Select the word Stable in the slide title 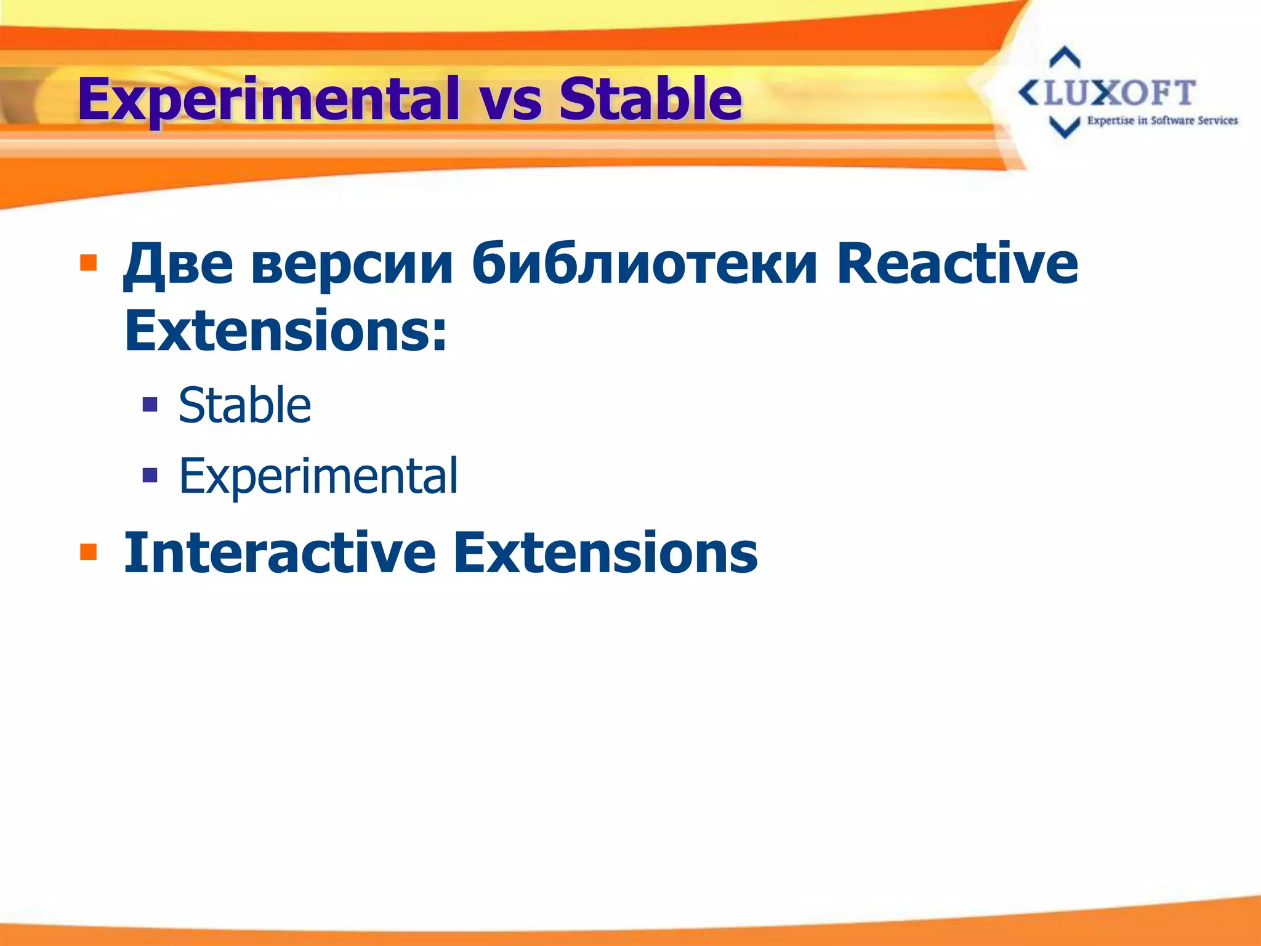650,99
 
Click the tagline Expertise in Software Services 1162,121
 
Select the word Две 178,265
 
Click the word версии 352,265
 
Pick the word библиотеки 645,265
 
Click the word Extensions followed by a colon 285,331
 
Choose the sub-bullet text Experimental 318,475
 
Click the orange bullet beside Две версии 89,263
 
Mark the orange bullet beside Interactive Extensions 89,551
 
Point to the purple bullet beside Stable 150,404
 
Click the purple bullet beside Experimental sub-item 150,475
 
